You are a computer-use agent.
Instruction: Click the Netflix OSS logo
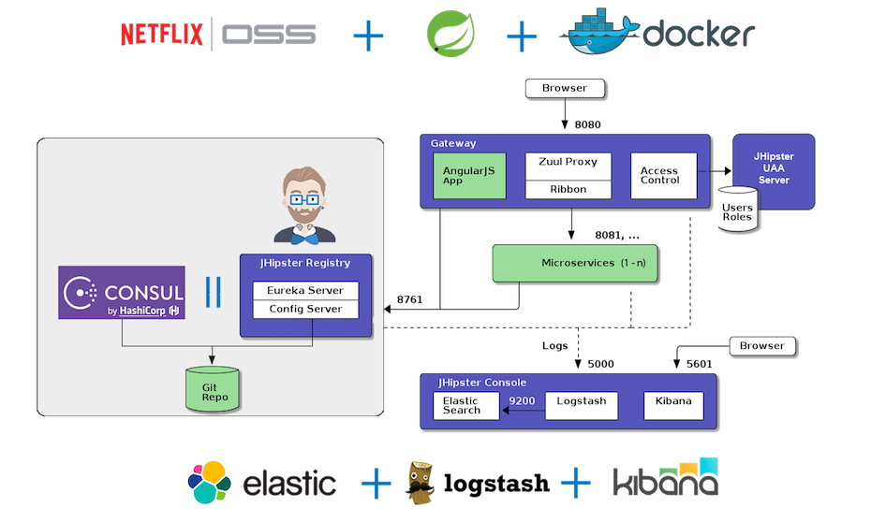pos(218,36)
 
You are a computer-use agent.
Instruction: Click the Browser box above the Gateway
pos(565,89)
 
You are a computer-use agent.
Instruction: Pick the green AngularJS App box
pos(469,176)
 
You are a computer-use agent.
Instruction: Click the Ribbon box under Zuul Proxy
pos(568,190)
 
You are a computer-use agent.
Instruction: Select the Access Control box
pos(663,176)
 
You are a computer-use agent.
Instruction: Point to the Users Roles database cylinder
pos(737,210)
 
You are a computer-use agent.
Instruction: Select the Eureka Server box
pos(305,290)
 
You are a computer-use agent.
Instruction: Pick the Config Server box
pos(305,309)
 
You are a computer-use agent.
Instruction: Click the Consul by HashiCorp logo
pos(122,293)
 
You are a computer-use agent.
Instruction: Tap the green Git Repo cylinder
pos(214,389)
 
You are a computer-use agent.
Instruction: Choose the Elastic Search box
pos(465,406)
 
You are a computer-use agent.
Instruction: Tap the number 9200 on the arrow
pos(522,400)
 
